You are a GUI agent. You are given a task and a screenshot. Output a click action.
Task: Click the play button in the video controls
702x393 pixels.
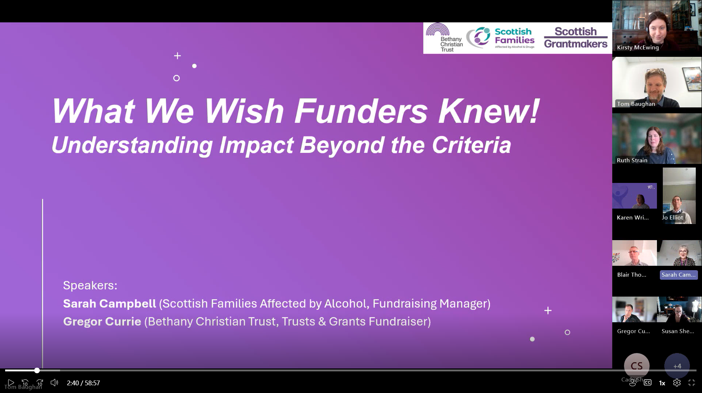[11, 383]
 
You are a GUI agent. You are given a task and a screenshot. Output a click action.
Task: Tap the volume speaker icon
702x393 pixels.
[54, 383]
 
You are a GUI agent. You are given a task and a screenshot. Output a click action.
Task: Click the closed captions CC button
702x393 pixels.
[647, 383]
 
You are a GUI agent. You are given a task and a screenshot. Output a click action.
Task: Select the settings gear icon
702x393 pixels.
[677, 383]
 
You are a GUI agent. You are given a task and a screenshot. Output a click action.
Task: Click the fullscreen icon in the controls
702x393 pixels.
[691, 383]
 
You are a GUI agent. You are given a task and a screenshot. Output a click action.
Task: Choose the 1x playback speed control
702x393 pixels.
[662, 383]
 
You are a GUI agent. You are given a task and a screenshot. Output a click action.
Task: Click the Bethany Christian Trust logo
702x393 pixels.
[444, 38]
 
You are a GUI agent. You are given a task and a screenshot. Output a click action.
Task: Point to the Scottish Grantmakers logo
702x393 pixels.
[575, 38]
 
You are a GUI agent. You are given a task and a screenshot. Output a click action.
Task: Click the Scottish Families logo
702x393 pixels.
[501, 38]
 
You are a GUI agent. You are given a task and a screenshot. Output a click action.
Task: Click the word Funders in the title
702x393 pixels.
[361, 111]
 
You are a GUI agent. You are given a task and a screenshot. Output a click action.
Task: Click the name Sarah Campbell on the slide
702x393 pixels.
[109, 304]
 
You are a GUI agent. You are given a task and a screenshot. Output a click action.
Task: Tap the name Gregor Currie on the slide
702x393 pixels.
[102, 322]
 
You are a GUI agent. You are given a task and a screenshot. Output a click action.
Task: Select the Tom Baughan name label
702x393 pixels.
[636, 104]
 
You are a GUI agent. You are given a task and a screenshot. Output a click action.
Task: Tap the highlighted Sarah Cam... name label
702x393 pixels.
[679, 275]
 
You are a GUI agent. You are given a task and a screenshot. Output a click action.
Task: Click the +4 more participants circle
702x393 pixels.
[677, 366]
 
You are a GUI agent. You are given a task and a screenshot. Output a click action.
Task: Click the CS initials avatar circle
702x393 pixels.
[636, 366]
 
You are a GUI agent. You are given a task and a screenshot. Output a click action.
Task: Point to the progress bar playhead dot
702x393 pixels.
[37, 371]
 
